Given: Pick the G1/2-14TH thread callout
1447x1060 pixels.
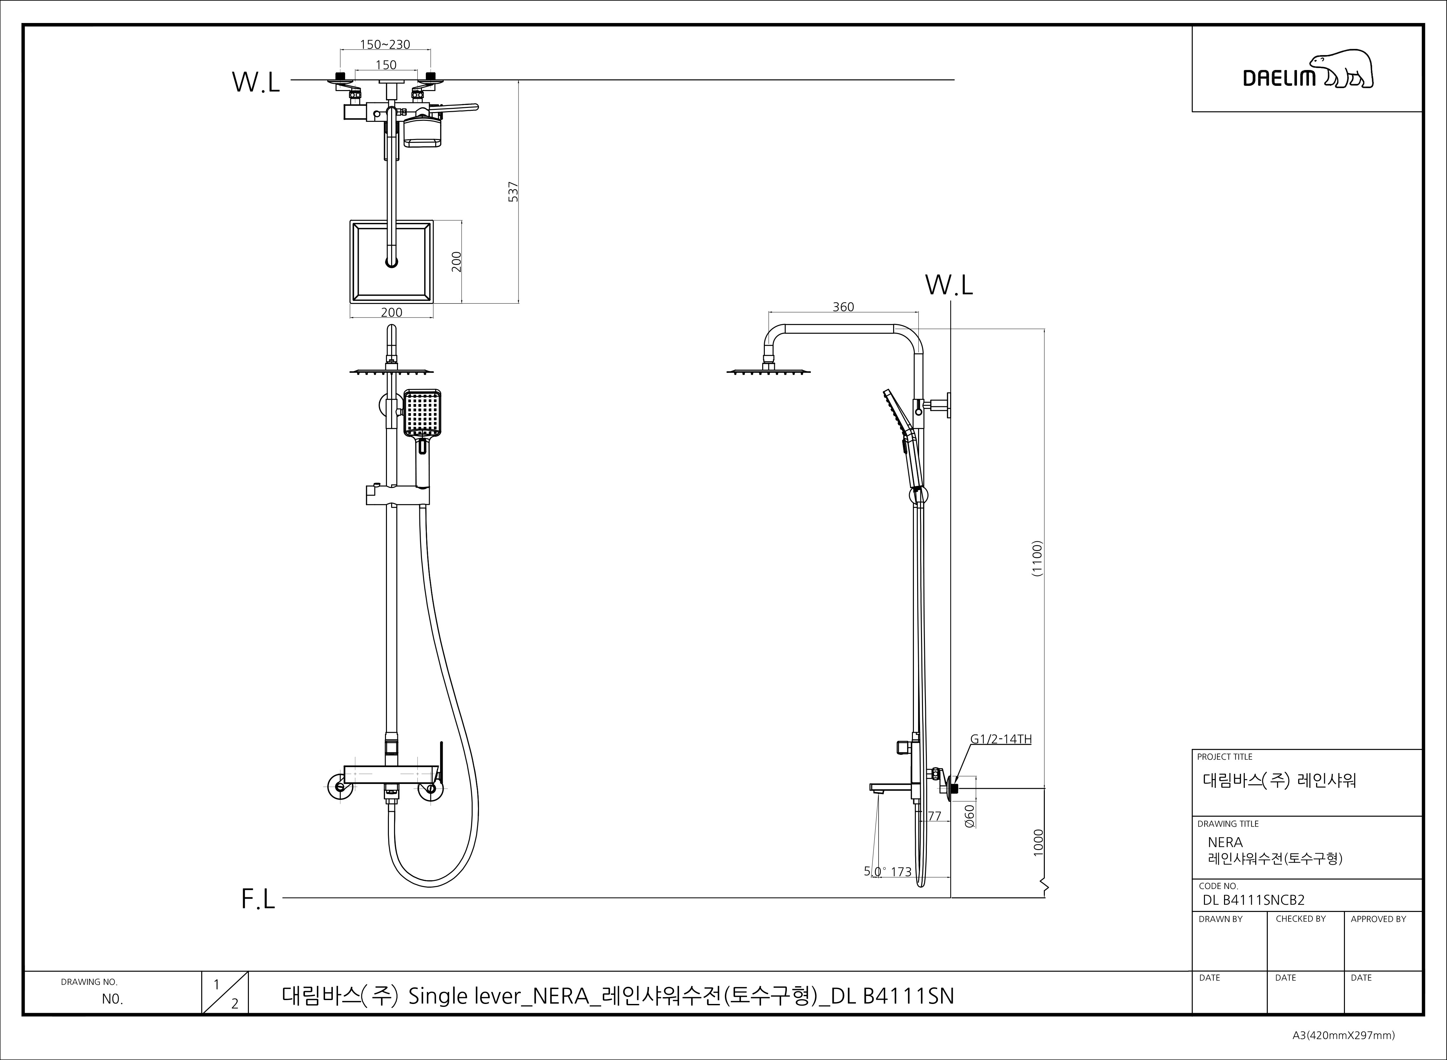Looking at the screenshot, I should pos(1000,739).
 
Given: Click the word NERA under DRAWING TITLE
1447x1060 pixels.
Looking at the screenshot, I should pos(1225,843).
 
